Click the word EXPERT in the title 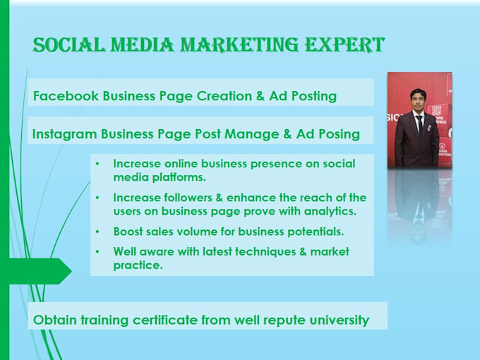[x=344, y=44]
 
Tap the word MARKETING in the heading [x=239, y=44]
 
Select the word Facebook [x=66, y=96]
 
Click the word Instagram [x=65, y=134]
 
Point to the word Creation [x=224, y=96]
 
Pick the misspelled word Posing [x=339, y=134]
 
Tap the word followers [x=188, y=198]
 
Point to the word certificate [x=165, y=320]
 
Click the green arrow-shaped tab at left [x=36, y=271]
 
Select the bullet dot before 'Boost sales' [x=97, y=232]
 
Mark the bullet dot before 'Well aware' [x=97, y=252]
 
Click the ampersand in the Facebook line [x=260, y=96]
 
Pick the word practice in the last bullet [x=138, y=265]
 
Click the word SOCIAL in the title [x=69, y=44]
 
